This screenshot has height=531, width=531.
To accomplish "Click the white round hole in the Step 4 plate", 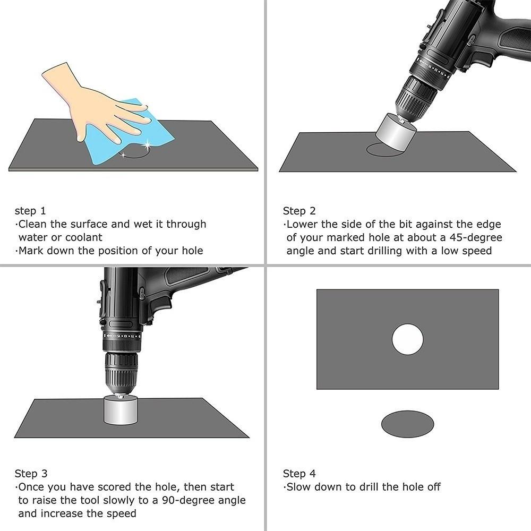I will click(x=407, y=339).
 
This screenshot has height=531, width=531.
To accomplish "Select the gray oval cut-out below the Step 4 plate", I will click(x=407, y=424).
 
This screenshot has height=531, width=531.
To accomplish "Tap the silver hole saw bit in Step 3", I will click(x=121, y=410).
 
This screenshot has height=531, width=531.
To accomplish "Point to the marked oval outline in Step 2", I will click(x=378, y=151).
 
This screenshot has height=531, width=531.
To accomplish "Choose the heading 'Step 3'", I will click(x=31, y=474).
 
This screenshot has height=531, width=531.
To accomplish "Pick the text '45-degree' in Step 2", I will click(x=476, y=237).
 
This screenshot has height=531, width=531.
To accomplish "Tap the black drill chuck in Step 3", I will click(x=121, y=372).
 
